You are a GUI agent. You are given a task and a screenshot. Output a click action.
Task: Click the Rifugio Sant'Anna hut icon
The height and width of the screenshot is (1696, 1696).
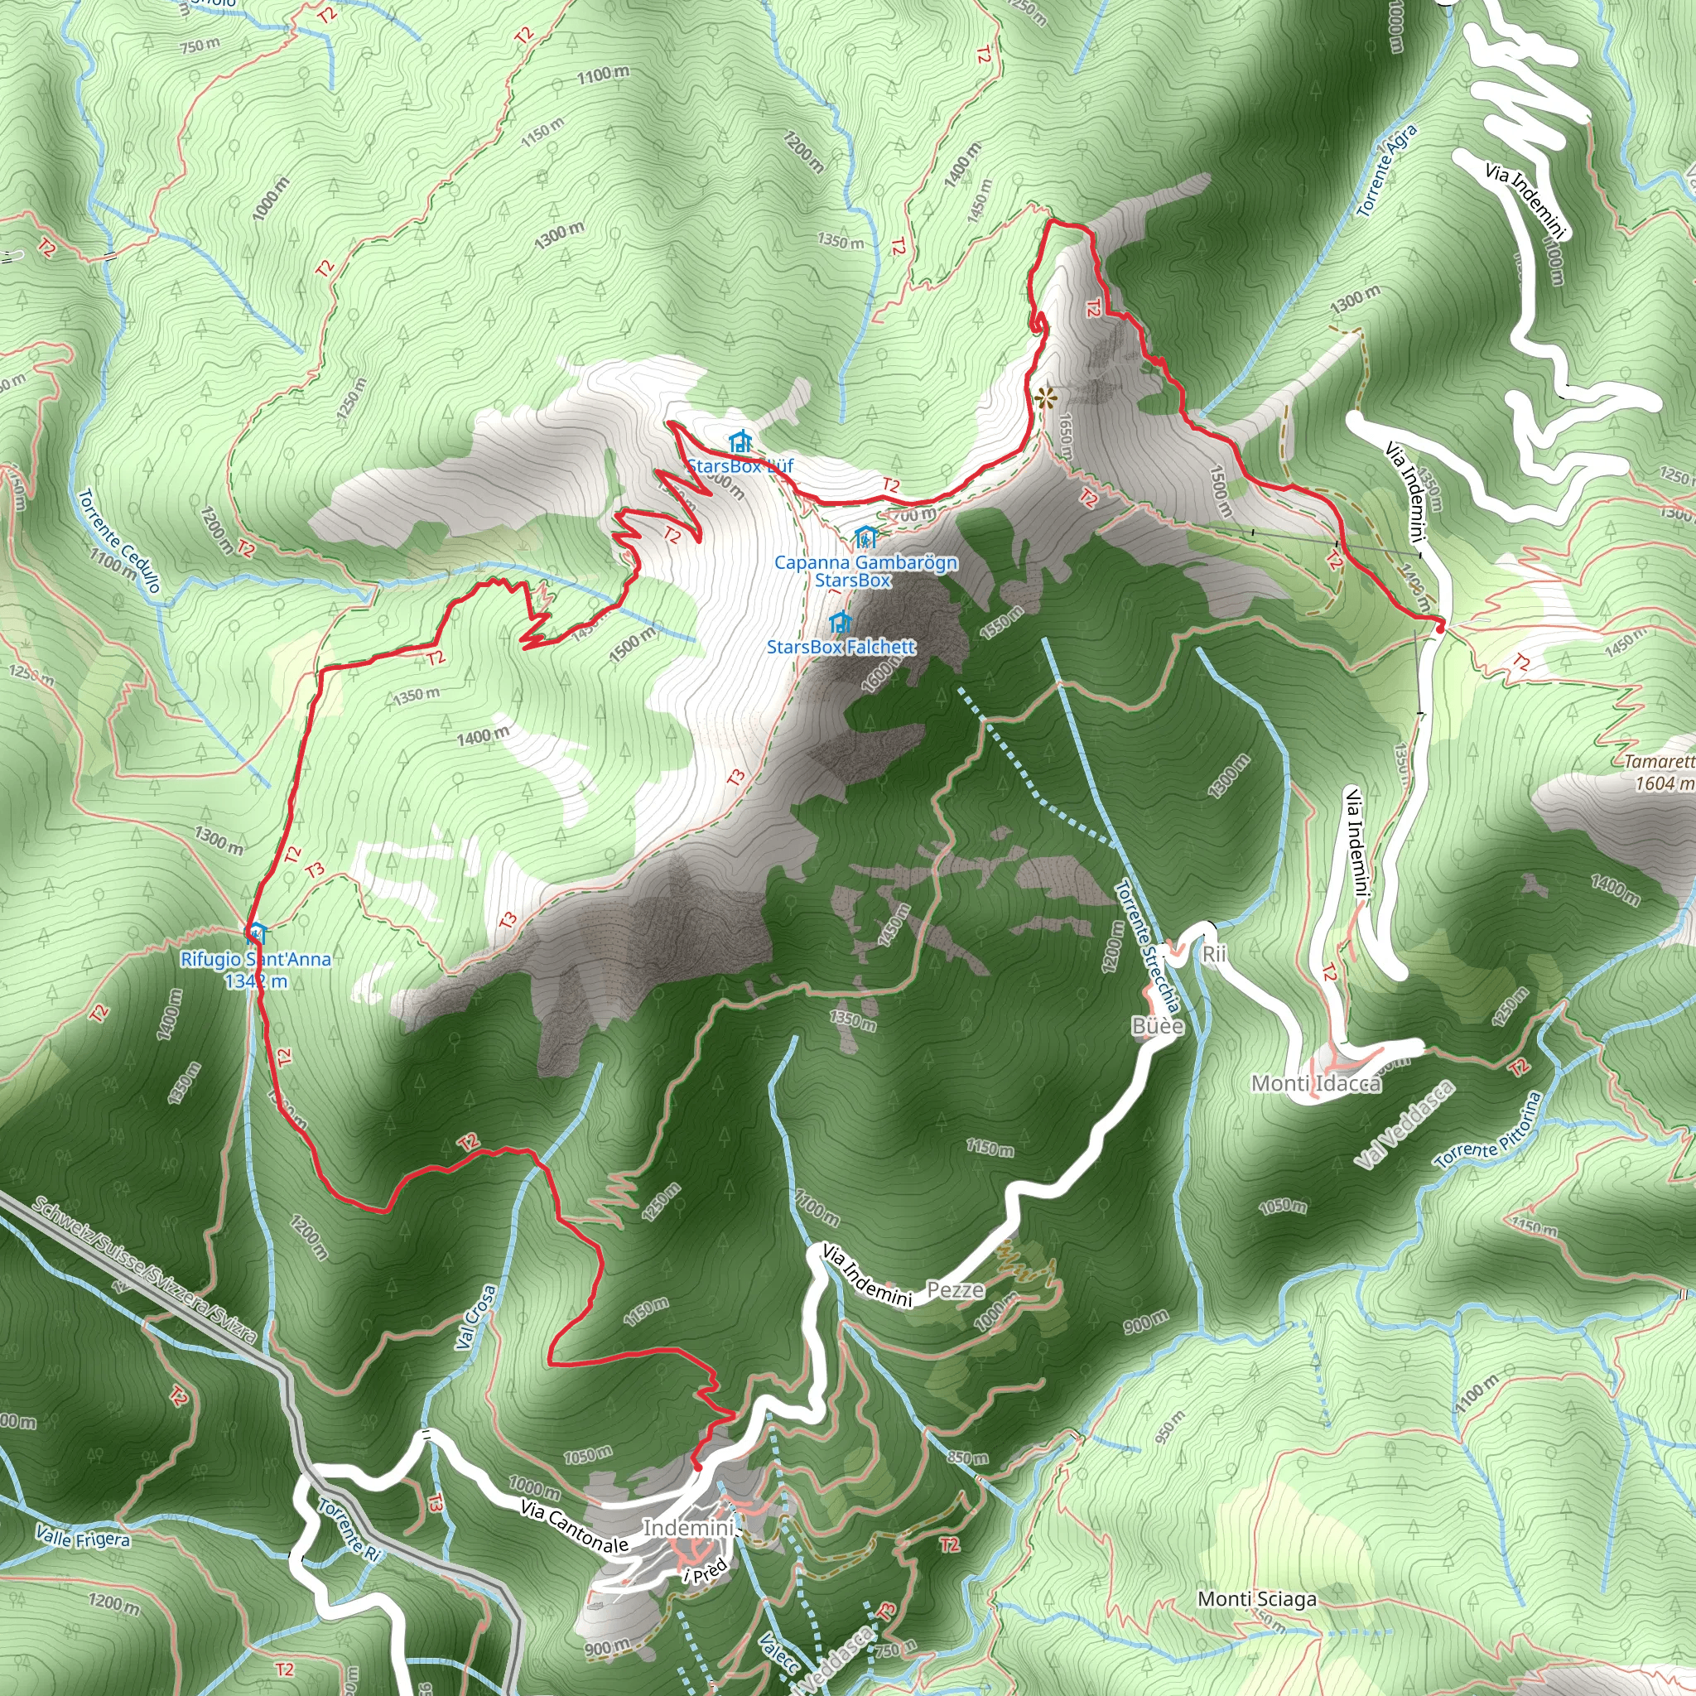coord(257,932)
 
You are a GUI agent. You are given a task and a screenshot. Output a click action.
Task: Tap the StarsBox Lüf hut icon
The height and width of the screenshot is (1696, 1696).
coord(740,441)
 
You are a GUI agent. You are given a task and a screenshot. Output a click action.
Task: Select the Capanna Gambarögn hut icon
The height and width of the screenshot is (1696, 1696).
coord(865,536)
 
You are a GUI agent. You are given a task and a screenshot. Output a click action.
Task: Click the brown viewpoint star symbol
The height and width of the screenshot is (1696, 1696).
coord(1044,398)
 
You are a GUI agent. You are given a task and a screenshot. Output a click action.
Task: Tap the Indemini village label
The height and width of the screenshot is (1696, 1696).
coord(687,1529)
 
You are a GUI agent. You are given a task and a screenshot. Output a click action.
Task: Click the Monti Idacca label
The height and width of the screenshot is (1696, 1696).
coord(1316,1083)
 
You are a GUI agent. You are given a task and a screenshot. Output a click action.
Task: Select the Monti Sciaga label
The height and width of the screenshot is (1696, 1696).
coord(1257,1599)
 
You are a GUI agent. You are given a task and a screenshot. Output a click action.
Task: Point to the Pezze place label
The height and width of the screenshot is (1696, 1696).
coord(956,1289)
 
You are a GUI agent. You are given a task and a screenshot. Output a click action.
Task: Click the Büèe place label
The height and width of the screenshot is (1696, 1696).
coord(1158,1026)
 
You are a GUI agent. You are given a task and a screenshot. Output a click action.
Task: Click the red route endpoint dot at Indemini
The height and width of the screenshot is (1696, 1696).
coord(697,1466)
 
